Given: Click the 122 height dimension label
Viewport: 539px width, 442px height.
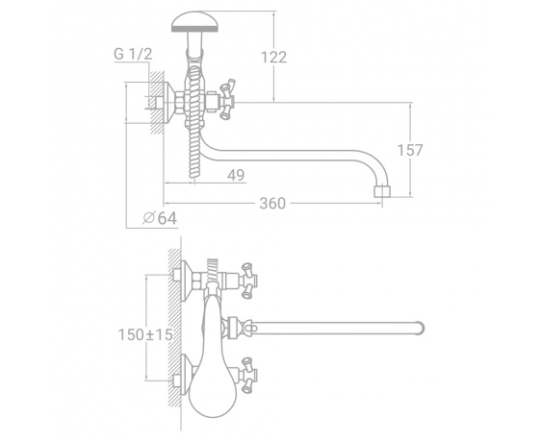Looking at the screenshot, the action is [274, 58].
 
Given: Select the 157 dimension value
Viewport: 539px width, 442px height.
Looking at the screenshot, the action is [410, 150].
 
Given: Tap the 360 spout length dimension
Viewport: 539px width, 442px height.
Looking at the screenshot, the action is [272, 204].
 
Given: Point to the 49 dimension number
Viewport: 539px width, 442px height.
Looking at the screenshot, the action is [236, 175].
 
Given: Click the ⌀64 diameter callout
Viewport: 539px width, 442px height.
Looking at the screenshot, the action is [160, 218].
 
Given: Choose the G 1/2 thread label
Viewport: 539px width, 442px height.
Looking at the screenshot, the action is [133, 54].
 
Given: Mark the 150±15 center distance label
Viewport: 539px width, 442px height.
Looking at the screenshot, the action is [145, 334].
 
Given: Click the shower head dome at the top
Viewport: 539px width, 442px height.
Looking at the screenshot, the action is [194, 21].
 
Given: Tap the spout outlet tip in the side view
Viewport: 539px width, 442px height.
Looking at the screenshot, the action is [381, 191].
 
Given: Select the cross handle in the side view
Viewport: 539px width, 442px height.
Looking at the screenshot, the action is [227, 100].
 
